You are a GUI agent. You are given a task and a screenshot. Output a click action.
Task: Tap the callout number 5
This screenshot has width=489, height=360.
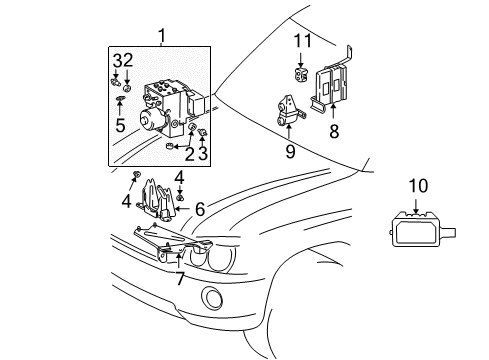pyautogui.click(x=120, y=127)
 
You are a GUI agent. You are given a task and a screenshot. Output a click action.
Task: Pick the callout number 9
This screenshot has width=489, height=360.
pyautogui.click(x=289, y=151)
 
